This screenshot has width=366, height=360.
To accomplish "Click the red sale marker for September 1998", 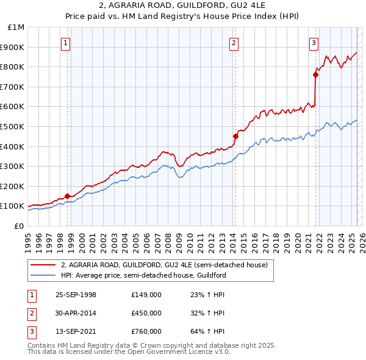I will coord(67,196).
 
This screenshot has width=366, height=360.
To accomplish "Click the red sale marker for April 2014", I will coord(235,135).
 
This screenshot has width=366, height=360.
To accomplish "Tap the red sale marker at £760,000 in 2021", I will coord(315,74).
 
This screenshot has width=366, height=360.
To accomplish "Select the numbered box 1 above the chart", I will coord(65,43).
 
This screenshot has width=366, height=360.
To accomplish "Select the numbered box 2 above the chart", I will coord(234,43).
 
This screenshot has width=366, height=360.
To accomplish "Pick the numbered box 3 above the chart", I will coord(314,43).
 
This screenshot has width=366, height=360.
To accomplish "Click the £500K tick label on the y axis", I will coord(13,126).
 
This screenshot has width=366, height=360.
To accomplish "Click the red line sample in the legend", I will coord(43,265).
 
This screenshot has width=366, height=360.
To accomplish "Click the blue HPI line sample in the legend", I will coord(43,276).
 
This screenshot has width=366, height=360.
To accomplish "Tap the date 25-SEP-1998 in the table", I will coord(76,295).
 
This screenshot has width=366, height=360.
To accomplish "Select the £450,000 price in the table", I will coord(146,313).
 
